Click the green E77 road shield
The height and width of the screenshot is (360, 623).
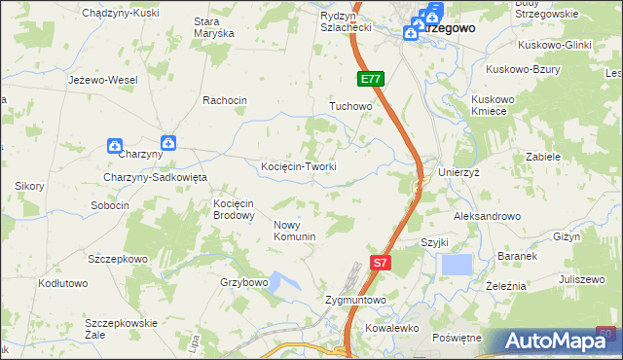pos(371,79)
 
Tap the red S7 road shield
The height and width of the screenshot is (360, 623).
pos(383,262)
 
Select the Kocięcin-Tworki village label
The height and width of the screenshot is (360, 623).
pos(299,166)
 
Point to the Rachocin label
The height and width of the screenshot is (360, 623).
pos(225,100)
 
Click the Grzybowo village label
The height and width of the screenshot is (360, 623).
pos(243,282)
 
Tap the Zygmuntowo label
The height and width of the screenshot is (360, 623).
pos(356,301)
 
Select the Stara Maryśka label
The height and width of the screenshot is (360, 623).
pos(214,27)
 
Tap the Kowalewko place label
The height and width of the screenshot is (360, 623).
pos(391,329)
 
